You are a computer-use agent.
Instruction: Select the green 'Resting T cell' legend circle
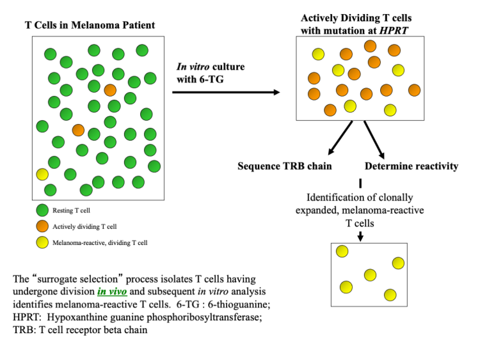pyautogui.click(x=42, y=210)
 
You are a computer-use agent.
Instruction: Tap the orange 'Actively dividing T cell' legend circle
pyautogui.click(x=42, y=226)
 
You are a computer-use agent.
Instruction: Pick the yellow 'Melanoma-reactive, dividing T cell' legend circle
pyautogui.click(x=42, y=242)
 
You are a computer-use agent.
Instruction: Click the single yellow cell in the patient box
pyautogui.click(x=42, y=174)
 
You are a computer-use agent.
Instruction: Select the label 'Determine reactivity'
pyautogui.click(x=412, y=167)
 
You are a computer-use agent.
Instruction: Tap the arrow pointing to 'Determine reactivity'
pyautogui.click(x=374, y=139)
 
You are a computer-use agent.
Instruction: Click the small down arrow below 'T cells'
pyautogui.click(x=360, y=235)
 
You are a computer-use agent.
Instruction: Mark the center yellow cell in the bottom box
pyautogui.click(x=370, y=275)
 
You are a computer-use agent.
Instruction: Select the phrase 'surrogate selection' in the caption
pyautogui.click(x=77, y=279)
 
